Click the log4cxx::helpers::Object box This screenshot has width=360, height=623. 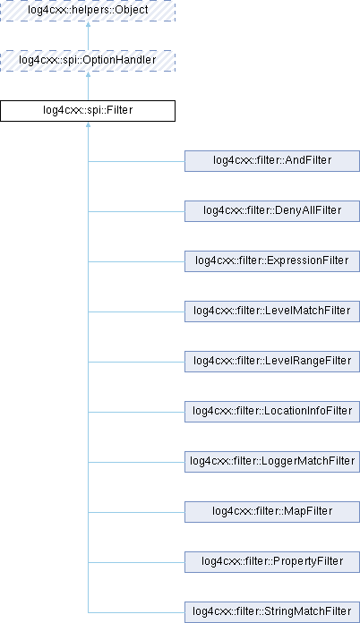88,11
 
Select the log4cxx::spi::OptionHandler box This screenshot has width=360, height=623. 88,61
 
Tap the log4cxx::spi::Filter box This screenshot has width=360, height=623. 88,111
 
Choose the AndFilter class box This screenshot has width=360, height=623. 272,161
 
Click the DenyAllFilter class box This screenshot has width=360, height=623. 272,211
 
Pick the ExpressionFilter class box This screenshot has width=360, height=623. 272,261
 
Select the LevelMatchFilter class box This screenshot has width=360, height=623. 272,311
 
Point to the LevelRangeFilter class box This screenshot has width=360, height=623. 272,361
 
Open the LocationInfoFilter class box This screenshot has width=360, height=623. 272,411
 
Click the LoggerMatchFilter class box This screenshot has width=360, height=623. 272,461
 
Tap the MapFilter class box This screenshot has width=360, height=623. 272,511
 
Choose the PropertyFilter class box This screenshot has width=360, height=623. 272,561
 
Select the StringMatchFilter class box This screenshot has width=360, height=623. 272,612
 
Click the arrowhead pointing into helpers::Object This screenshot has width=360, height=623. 89,24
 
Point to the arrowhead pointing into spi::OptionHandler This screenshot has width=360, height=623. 89,74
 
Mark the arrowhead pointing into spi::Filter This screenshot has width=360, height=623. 89,124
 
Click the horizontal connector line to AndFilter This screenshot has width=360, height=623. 136,161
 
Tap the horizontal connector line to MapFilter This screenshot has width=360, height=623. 136,512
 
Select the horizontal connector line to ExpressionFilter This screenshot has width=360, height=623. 136,261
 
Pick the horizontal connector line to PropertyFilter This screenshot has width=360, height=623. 136,562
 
